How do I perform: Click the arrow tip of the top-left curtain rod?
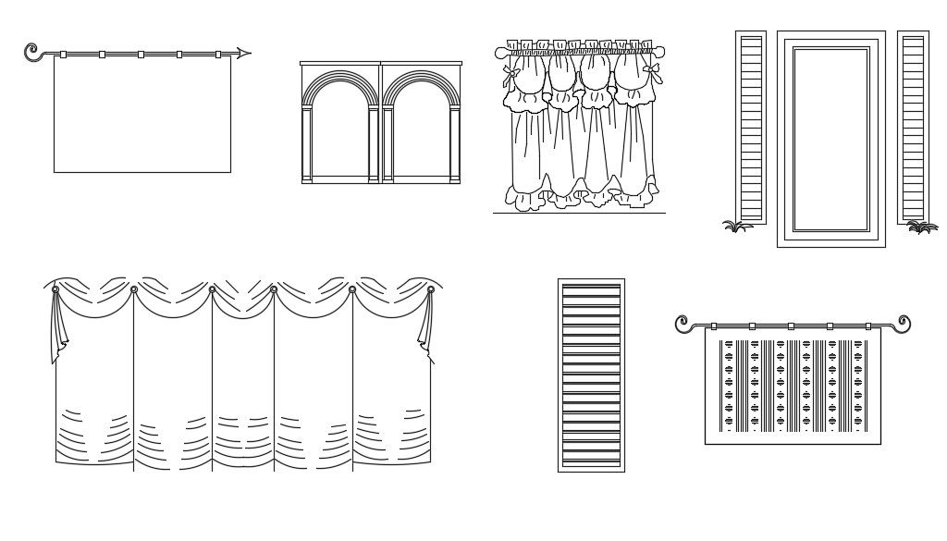tap(248, 53)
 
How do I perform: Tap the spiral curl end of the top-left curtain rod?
tap(31, 50)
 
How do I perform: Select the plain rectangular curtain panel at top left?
tap(141, 115)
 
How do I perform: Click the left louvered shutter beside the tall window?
tap(750, 127)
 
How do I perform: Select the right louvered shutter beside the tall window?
tap(912, 127)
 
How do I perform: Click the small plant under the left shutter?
tap(736, 225)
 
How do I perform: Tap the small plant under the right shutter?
tap(921, 226)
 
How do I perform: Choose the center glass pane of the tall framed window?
tap(830, 139)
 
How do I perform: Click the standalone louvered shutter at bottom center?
tap(591, 375)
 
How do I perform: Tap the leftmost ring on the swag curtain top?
tap(55, 290)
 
